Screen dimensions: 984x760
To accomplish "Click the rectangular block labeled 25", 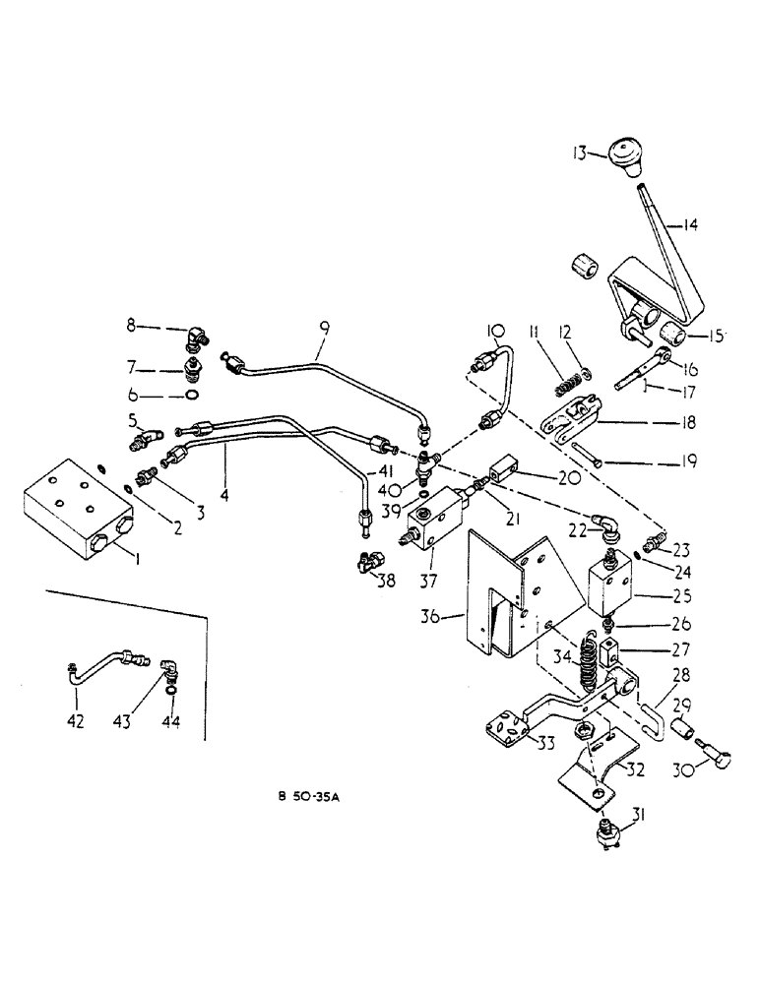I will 615,591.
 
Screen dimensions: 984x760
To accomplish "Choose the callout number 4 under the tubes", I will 224,497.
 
